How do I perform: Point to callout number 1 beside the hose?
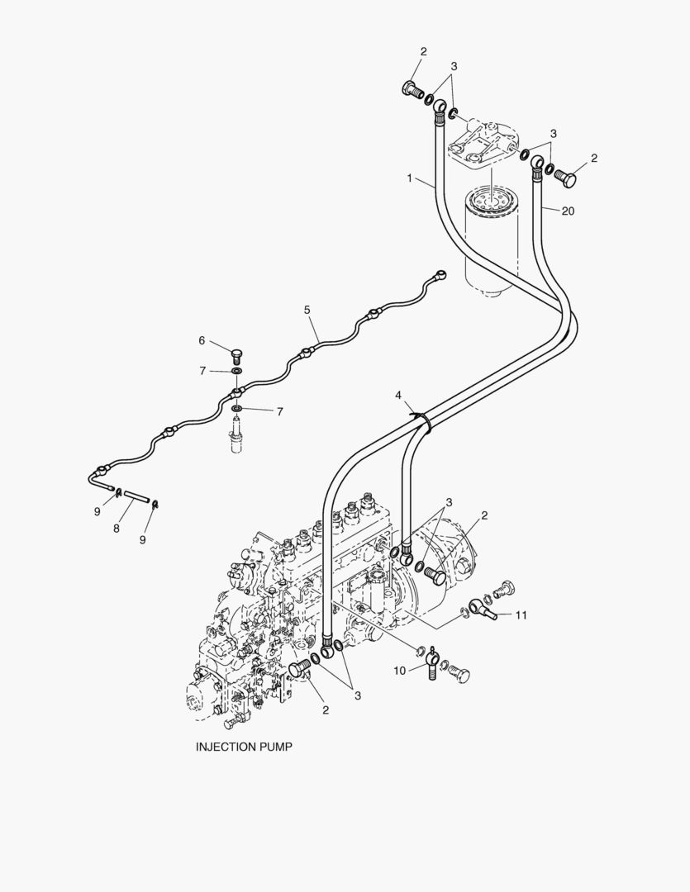408,178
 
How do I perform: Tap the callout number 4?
398,396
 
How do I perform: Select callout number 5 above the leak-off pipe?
307,310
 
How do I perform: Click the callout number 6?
201,340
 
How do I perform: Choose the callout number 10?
399,671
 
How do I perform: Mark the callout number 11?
521,614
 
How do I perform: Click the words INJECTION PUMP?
244,746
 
